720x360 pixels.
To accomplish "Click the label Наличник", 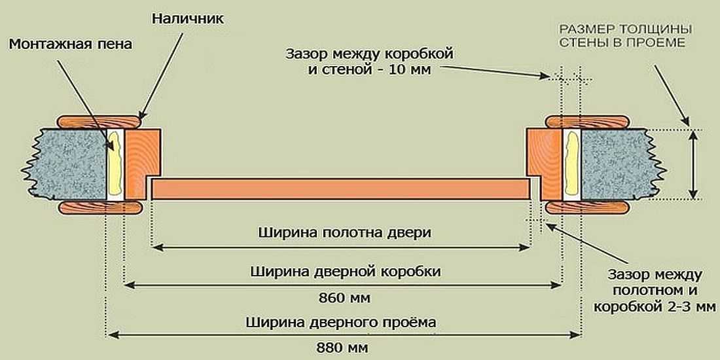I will click(187, 18).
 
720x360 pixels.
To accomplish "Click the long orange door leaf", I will click(340, 189).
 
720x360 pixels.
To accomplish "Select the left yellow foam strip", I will click(116, 164).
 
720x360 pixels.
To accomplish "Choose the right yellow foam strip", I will click(571, 164).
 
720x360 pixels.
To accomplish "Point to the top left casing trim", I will click(99, 121).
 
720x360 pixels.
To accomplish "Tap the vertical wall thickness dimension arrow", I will click(694, 164).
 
